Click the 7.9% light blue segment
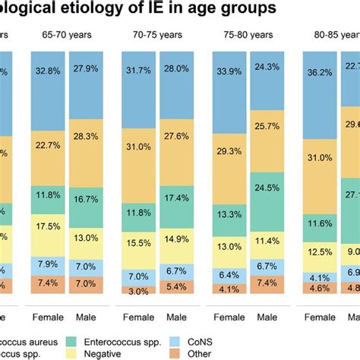pos(49,264)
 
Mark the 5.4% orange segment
pos(176,287)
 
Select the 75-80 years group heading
pos(248,34)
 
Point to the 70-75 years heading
pos(158,34)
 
